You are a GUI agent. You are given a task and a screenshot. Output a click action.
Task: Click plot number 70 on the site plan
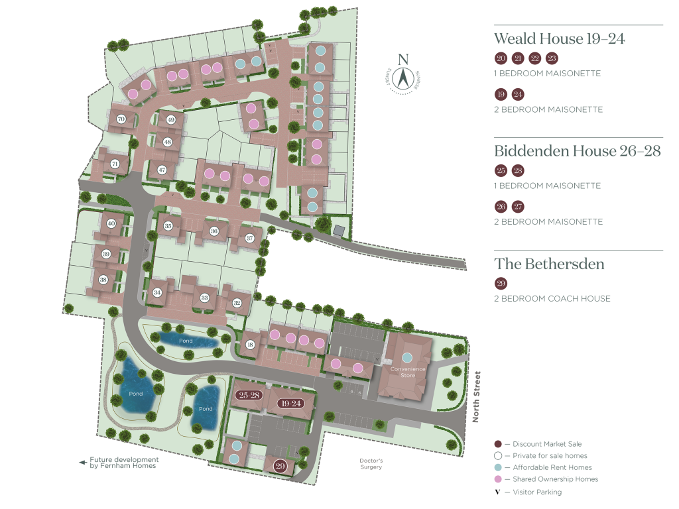[121, 119]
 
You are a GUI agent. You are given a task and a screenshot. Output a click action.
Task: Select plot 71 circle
[115, 164]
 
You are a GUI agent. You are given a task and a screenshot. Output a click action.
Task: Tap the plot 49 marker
[171, 120]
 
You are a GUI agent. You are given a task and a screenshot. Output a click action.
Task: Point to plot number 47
[162, 170]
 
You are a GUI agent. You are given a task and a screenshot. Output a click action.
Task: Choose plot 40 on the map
[111, 223]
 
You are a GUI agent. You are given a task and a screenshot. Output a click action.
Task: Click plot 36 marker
[214, 231]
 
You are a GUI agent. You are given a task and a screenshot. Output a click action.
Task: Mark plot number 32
[237, 303]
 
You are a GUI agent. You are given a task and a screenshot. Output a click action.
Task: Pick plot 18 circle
[250, 344]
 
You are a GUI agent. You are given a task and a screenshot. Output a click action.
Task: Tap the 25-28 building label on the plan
[249, 395]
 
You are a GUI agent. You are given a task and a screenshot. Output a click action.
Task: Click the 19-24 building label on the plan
[291, 403]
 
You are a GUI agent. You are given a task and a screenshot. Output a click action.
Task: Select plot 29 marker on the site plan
[280, 465]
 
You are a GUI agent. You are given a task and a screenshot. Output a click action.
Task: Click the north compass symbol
[402, 75]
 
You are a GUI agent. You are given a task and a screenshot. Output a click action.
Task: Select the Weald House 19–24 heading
[559, 39]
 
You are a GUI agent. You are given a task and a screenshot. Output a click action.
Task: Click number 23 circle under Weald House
[552, 59]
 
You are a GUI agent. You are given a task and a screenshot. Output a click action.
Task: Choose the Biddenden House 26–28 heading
[577, 151]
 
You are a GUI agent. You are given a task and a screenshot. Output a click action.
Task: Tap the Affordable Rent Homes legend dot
[497, 467]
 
